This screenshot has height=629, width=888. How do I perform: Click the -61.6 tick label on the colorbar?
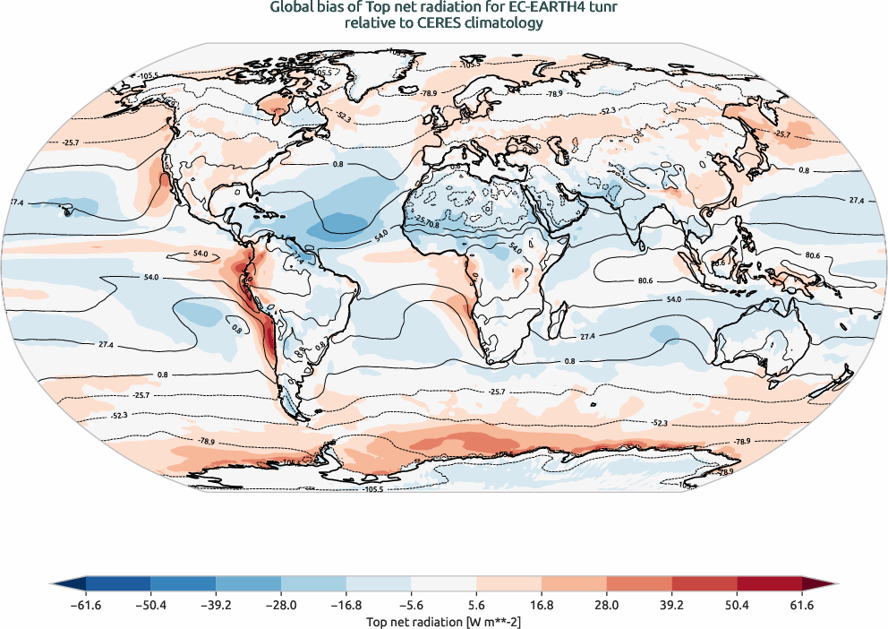(85, 606)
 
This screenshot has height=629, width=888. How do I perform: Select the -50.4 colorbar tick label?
(150, 606)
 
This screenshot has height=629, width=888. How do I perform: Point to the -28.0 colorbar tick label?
(281, 606)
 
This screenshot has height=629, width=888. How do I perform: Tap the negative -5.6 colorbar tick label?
(411, 606)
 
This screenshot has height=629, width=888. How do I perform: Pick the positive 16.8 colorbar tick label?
(543, 606)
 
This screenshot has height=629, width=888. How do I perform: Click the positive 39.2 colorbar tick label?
(673, 606)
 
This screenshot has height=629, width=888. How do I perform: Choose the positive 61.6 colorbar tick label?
(803, 606)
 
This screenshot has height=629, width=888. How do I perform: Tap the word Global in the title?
(292, 8)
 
